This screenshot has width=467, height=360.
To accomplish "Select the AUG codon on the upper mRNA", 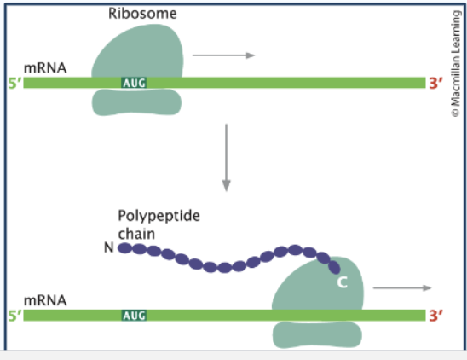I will click(x=134, y=83).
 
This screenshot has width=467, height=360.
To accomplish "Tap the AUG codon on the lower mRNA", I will click(x=134, y=315).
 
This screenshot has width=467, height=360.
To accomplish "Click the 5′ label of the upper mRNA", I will click(x=13, y=83).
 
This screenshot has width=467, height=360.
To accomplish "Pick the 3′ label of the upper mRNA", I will click(x=436, y=83).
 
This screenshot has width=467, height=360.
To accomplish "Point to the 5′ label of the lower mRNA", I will click(x=13, y=315).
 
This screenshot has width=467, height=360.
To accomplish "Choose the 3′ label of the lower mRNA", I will click(x=436, y=315).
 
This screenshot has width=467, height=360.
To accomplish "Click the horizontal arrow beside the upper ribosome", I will click(x=224, y=55).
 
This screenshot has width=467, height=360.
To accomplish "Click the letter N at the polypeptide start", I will click(x=107, y=248).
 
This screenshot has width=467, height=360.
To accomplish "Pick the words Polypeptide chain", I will click(x=159, y=224).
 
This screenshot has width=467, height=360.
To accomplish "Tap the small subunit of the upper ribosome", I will click(x=136, y=102).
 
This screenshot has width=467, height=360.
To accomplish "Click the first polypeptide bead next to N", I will click(x=125, y=248).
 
